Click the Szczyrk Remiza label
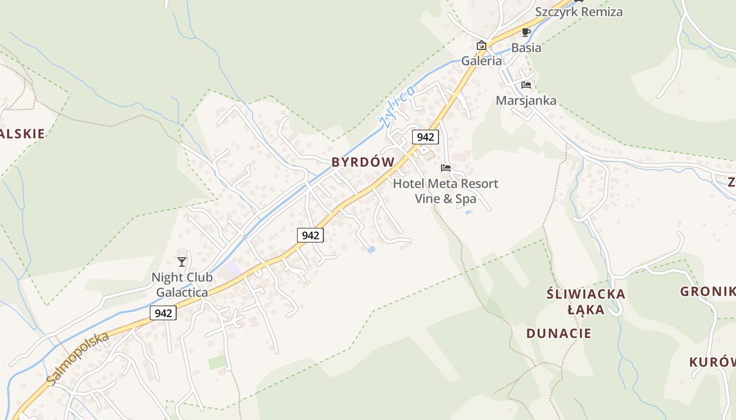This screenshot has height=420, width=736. coord(579,12)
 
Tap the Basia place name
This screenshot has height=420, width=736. coord(526,48)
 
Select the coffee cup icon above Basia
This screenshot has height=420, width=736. coord(526,33)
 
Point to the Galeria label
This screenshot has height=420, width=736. coord(482,61)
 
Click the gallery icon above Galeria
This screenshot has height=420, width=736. coord(481,45)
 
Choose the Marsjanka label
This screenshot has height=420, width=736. coord(526,100)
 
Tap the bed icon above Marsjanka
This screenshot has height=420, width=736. coord(526,85)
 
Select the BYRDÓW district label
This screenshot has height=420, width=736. coord(363,162)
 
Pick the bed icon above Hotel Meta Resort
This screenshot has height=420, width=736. coord(446,168)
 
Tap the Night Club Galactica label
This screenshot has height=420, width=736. coord(182,285)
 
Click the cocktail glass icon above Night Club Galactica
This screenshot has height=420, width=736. coord(182,261)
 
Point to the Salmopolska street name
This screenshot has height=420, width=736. coord(77,358)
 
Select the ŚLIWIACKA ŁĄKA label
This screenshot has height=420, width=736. coord(586,301)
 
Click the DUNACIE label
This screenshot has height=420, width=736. coord(559,333)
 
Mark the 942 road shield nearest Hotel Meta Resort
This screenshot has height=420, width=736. coord(425,137)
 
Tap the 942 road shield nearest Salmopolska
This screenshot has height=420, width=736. coord(163,313)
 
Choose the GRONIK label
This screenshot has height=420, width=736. coord(708,292)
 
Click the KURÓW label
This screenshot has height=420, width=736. coord(712,362)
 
